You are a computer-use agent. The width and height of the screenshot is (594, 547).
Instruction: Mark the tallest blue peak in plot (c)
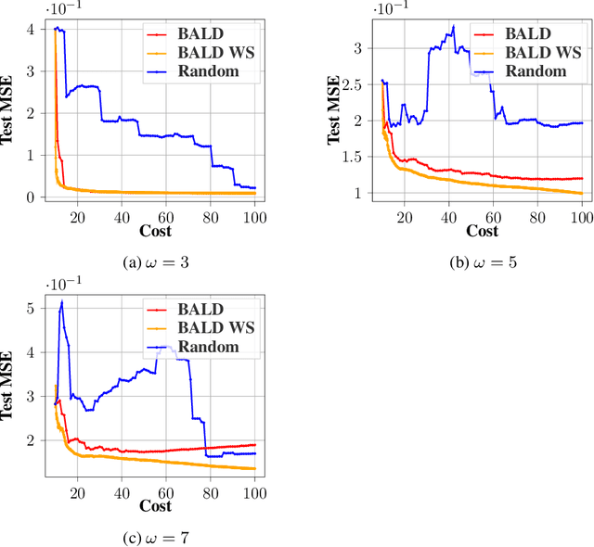62,301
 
